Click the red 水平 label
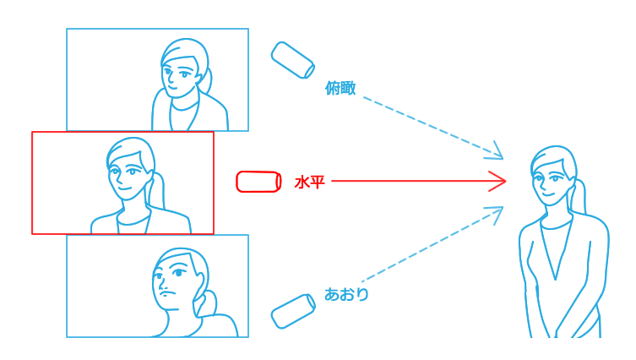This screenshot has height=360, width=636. pyautogui.click(x=309, y=183)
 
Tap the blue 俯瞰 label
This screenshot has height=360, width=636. pyautogui.click(x=340, y=88)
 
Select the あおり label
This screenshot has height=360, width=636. pyautogui.click(x=346, y=294)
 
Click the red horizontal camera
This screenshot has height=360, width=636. pyautogui.click(x=258, y=182)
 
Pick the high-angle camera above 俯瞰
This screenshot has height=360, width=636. pyautogui.click(x=293, y=60)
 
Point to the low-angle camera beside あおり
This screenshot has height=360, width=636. pyautogui.click(x=293, y=311)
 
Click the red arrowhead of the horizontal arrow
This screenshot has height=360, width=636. pyautogui.click(x=497, y=181)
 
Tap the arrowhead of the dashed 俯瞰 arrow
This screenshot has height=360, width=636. pyautogui.click(x=497, y=152)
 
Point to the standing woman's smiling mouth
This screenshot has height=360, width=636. pyautogui.click(x=548, y=194)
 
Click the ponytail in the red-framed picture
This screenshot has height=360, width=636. pyautogui.click(x=156, y=190)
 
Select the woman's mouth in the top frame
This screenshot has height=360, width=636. pyautogui.click(x=173, y=89)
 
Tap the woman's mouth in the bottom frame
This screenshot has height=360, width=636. pyautogui.click(x=166, y=293)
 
